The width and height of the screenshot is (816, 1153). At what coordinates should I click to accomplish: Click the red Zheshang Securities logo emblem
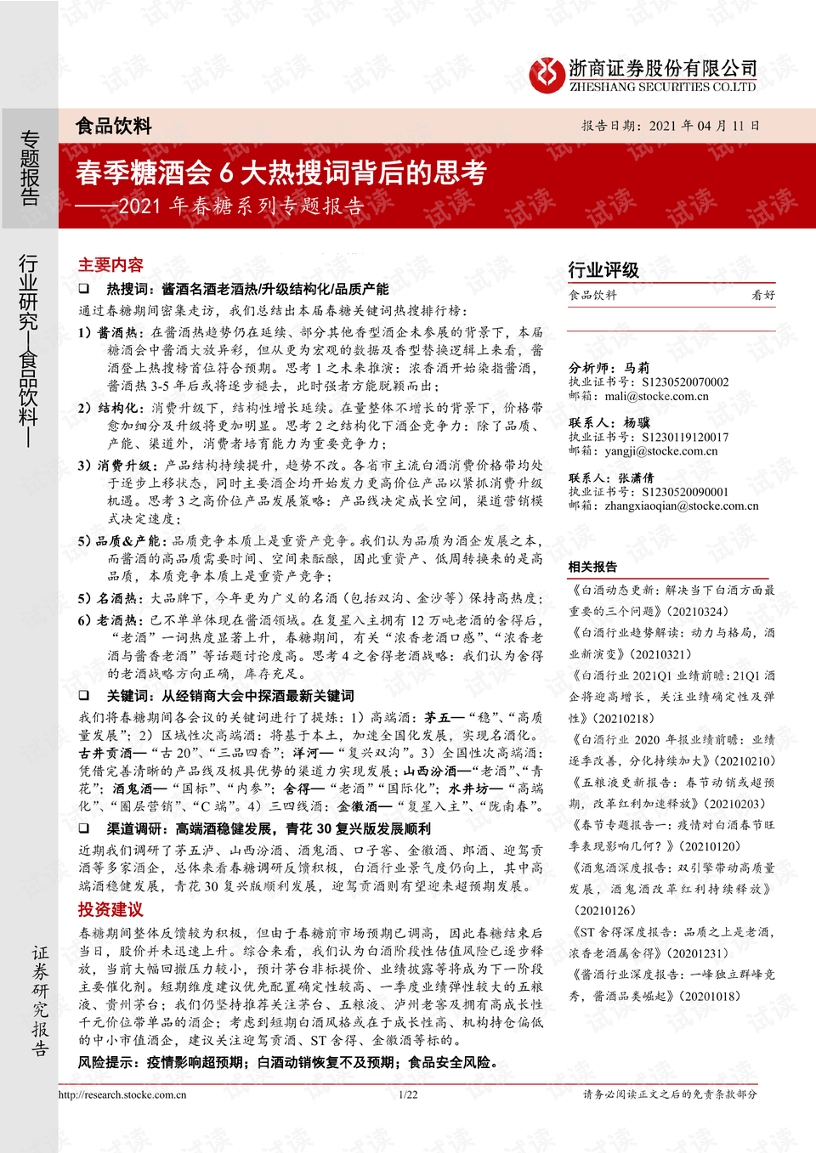tap(546, 75)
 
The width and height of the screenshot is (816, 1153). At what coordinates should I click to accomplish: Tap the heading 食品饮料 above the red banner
tap(113, 127)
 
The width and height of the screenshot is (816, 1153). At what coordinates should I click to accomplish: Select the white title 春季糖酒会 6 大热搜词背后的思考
tap(280, 172)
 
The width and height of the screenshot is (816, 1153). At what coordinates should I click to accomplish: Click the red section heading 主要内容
tap(110, 265)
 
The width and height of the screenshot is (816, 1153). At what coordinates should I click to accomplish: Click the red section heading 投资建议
tap(110, 909)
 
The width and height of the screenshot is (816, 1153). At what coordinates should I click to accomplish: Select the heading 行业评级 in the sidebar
tap(603, 270)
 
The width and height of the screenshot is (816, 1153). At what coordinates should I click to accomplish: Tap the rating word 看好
tap(762, 296)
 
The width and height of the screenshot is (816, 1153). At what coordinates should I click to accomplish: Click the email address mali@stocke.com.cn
tap(656, 396)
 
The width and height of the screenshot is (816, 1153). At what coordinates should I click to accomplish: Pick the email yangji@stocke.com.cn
tap(660, 451)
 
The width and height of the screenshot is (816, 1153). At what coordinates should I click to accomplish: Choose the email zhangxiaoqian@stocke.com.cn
tap(681, 506)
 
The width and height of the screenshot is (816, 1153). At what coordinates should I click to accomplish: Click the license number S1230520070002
tap(685, 382)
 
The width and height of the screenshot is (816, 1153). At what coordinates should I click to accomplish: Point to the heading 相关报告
tap(592, 567)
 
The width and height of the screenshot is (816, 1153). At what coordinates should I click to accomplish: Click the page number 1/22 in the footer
tap(408, 1094)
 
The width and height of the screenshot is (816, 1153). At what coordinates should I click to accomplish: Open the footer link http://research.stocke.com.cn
tap(122, 1094)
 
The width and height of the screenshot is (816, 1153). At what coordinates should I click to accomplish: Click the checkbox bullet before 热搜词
tap(84, 289)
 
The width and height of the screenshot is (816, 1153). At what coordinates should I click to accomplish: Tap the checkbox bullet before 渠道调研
tap(84, 828)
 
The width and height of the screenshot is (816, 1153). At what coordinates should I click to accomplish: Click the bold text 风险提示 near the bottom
tap(108, 1062)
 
